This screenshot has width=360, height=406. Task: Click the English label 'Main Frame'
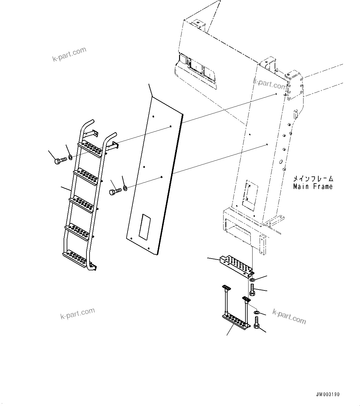click(313, 187)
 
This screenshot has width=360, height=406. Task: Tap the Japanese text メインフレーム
click(313, 179)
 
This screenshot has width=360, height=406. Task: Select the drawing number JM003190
click(328, 395)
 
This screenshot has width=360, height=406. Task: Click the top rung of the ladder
click(90, 148)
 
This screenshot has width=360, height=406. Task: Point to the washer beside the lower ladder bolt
click(125, 188)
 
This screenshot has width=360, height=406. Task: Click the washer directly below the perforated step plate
click(252, 280)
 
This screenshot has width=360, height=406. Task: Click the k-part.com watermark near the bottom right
click(289, 316)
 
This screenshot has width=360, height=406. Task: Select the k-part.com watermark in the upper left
click(69, 54)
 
